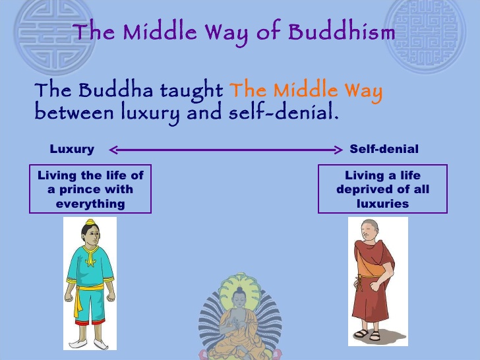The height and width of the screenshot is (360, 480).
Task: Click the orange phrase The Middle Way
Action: [305, 90]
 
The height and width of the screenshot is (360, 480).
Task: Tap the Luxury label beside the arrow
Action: [72, 149]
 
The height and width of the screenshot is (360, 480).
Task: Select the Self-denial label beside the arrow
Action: [384, 149]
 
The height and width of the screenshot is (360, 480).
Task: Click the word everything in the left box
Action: [90, 203]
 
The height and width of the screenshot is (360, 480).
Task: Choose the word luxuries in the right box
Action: [382, 203]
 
